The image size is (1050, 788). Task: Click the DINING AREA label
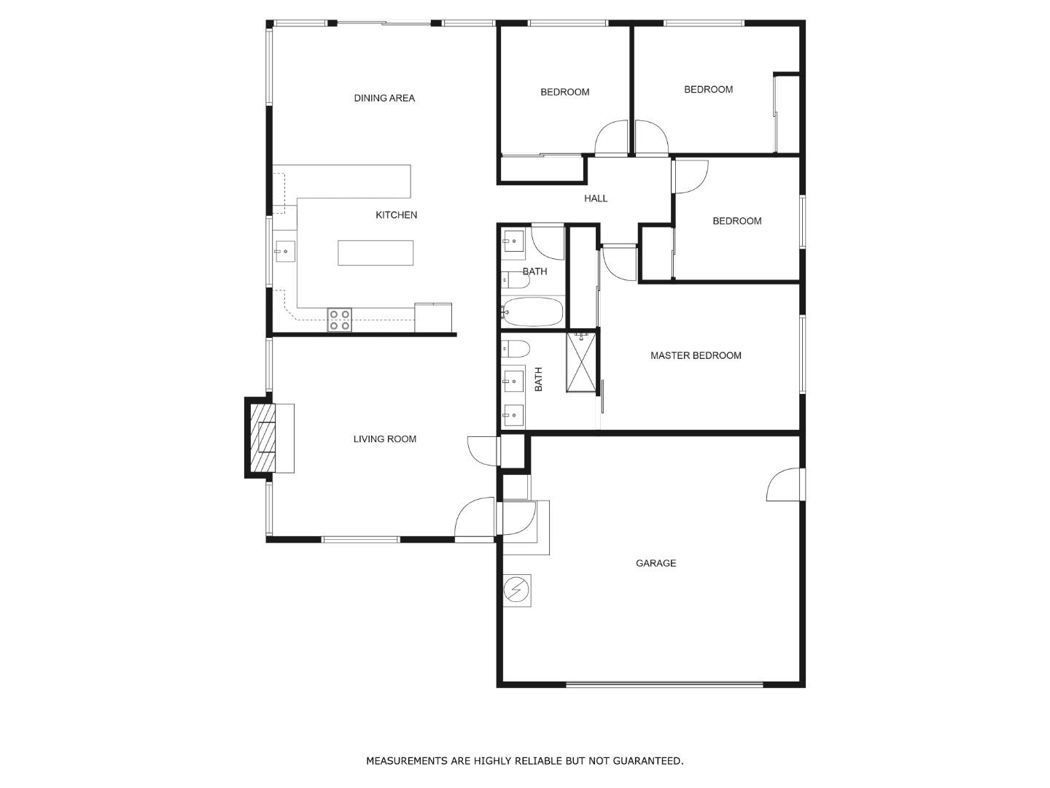pos(384,98)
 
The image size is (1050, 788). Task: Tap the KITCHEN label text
pos(396,215)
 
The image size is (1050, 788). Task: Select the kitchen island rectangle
pos(376,252)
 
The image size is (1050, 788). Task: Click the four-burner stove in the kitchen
pos(339,320)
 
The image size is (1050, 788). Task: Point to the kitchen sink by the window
pos(285,251)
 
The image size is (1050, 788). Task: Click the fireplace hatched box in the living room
pos(263,438)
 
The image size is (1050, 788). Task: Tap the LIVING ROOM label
pos(384,439)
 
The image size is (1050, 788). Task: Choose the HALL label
pos(596,198)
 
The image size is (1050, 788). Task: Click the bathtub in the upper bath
pos(533,312)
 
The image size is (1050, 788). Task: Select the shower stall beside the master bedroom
pos(581,362)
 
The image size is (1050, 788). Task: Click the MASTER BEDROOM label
pos(696,355)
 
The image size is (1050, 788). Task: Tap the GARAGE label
pos(656,563)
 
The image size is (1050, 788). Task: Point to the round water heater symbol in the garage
pos(516,590)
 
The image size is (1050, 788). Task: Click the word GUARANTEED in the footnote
pos(647,761)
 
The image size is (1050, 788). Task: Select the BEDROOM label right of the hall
pos(736,221)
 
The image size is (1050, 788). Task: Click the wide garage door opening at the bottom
pos(664,684)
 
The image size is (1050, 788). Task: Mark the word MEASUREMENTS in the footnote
pos(407,761)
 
